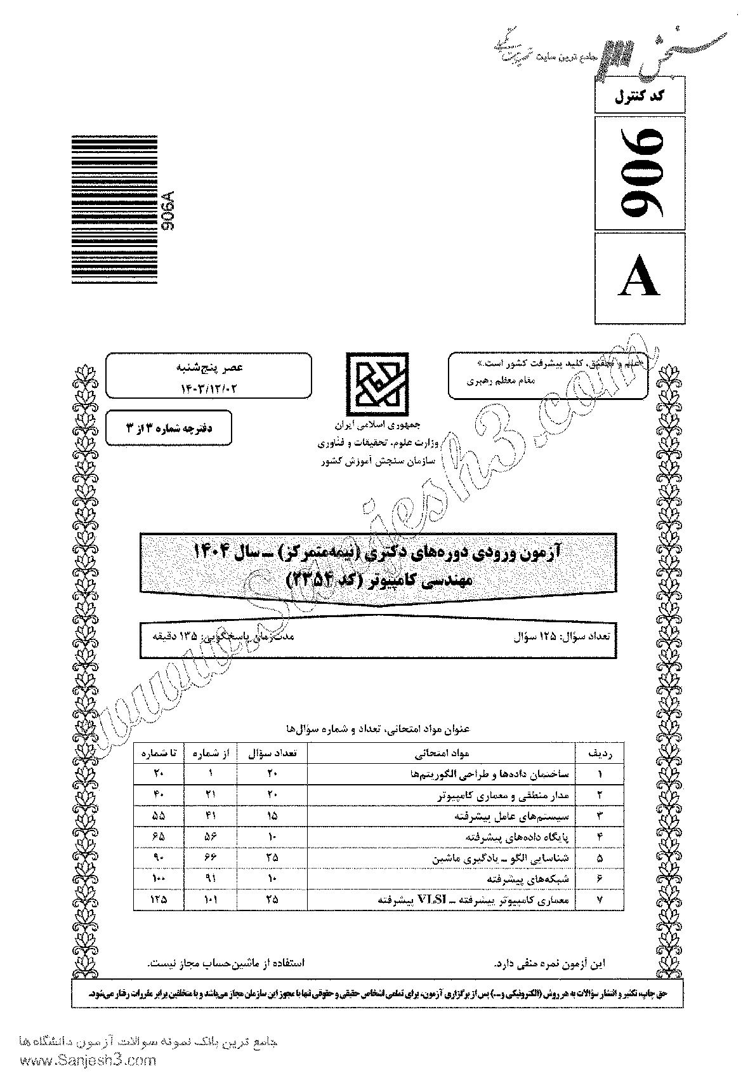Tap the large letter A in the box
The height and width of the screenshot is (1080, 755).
point(640,277)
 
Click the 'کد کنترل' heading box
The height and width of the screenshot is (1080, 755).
point(640,98)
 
